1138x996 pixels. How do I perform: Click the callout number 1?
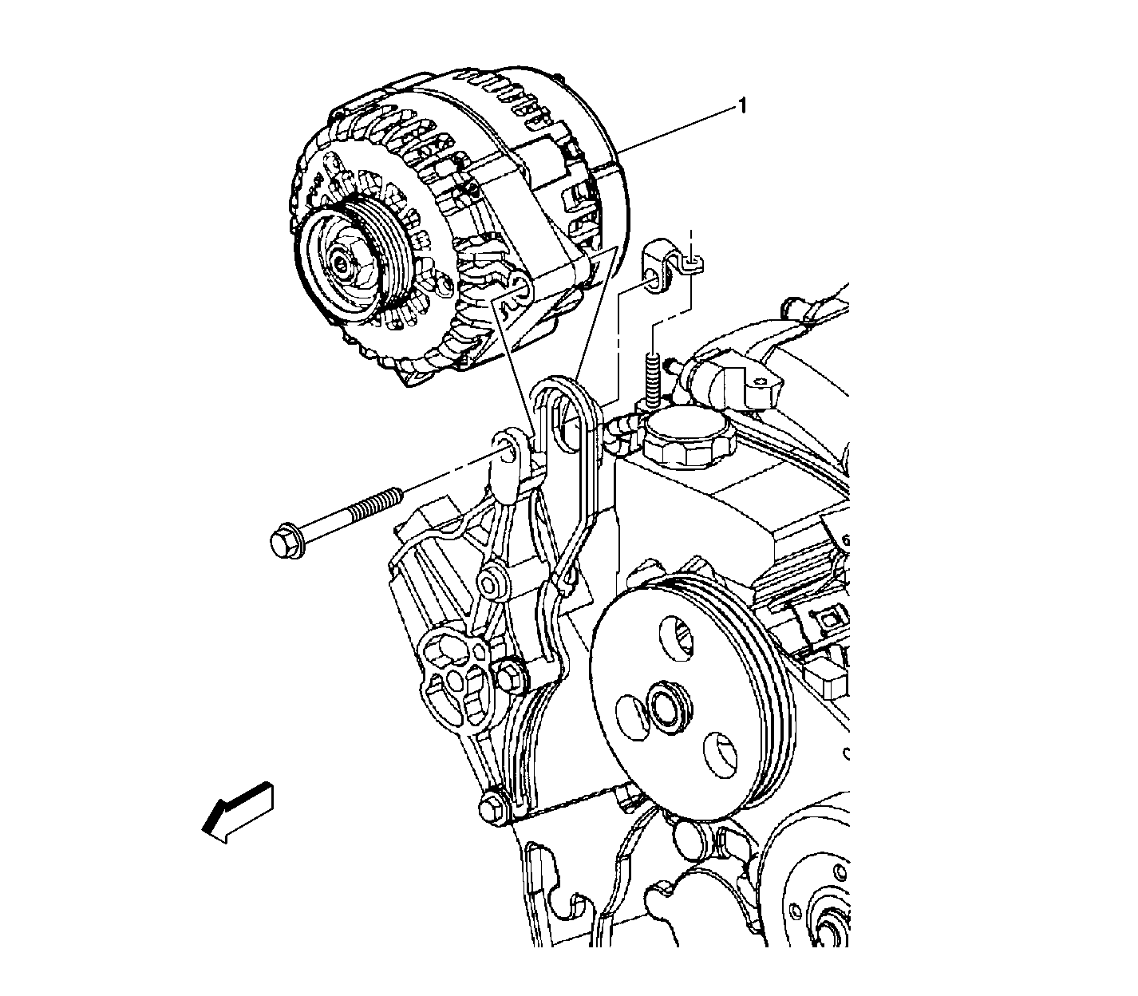coord(741,105)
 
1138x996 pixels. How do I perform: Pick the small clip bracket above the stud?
coord(667,267)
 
